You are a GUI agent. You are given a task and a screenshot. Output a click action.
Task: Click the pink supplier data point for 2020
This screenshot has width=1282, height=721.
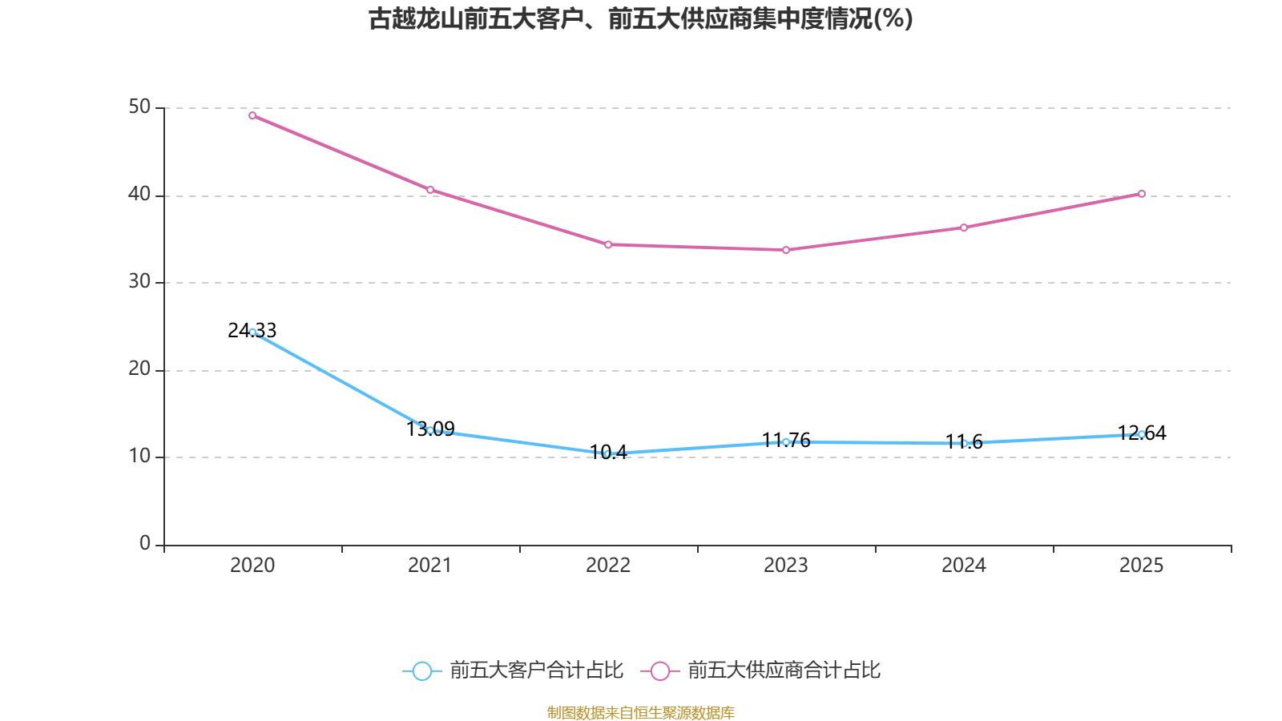point(252,115)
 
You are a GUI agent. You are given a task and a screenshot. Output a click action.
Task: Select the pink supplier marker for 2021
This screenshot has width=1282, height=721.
point(430,190)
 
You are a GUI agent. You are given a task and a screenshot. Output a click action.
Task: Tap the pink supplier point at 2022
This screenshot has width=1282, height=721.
point(608,244)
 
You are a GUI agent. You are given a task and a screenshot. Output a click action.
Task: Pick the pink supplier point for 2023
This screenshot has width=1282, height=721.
point(786,250)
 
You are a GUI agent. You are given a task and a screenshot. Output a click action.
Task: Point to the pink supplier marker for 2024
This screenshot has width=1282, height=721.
point(964,228)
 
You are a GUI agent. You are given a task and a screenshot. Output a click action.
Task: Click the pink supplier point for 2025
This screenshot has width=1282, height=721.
point(1142,194)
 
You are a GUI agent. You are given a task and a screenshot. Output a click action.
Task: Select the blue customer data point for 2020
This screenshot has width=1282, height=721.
point(252,332)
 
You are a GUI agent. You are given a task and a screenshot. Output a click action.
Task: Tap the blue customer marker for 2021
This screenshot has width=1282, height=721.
point(430,430)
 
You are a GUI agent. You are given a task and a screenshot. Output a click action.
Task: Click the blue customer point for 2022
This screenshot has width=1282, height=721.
point(608,453)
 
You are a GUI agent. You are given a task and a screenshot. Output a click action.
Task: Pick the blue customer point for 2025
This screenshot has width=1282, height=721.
point(1142,434)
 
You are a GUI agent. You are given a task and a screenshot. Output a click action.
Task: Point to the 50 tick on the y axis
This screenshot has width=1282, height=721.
point(139,107)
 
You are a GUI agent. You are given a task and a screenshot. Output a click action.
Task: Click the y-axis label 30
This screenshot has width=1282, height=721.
point(139,282)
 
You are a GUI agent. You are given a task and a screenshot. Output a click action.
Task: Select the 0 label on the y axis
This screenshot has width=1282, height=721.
point(145,544)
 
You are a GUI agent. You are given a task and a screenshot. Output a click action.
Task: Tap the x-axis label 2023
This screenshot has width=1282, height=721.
point(786,566)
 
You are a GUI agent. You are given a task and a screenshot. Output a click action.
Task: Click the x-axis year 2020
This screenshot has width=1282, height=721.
point(252,566)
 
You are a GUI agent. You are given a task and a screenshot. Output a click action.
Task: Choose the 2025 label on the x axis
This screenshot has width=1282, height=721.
point(1142,566)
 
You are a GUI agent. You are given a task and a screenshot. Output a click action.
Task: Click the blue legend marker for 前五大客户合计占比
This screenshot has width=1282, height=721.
point(421,671)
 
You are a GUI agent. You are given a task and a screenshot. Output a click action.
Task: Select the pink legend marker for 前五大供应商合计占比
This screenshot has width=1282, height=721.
point(659,671)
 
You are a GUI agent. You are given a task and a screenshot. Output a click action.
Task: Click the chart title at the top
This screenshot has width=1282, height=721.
point(641,18)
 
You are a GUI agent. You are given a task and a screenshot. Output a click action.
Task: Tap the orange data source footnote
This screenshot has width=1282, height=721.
point(641,712)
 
